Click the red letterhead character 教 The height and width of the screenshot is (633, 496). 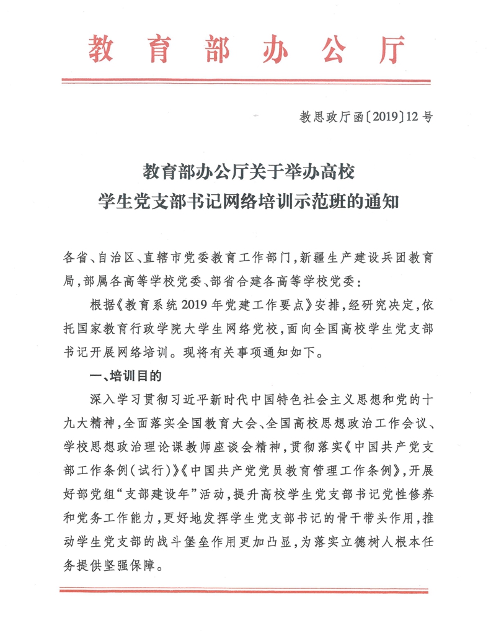[x=100, y=48]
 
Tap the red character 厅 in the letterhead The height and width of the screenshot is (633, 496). [x=390, y=48]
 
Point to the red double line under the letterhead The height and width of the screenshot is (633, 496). [x=246, y=80]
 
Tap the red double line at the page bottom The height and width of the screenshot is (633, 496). [x=246, y=590]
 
